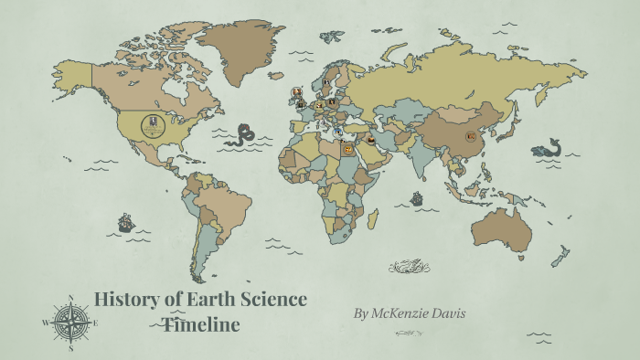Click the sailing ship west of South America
125,222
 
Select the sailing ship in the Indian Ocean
417,197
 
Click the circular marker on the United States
153,125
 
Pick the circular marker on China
472,136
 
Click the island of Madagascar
373,217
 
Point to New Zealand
560,256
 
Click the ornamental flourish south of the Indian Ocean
409,267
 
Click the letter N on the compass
70,298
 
